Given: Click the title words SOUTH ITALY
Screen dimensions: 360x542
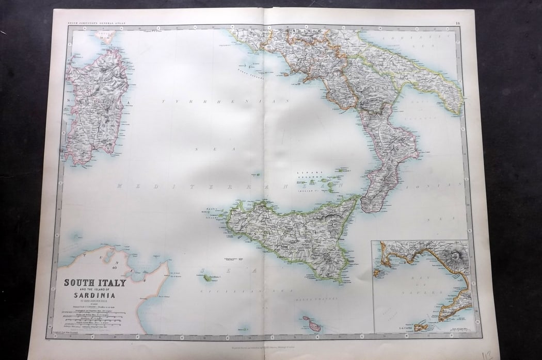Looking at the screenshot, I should [94, 283].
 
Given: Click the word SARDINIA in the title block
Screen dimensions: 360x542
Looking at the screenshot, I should [93, 296].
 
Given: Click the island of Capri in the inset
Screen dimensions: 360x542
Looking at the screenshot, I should [421, 327].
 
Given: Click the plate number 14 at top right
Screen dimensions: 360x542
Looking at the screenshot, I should [458, 22].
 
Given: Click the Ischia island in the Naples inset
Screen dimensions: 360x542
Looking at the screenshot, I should [379, 273].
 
